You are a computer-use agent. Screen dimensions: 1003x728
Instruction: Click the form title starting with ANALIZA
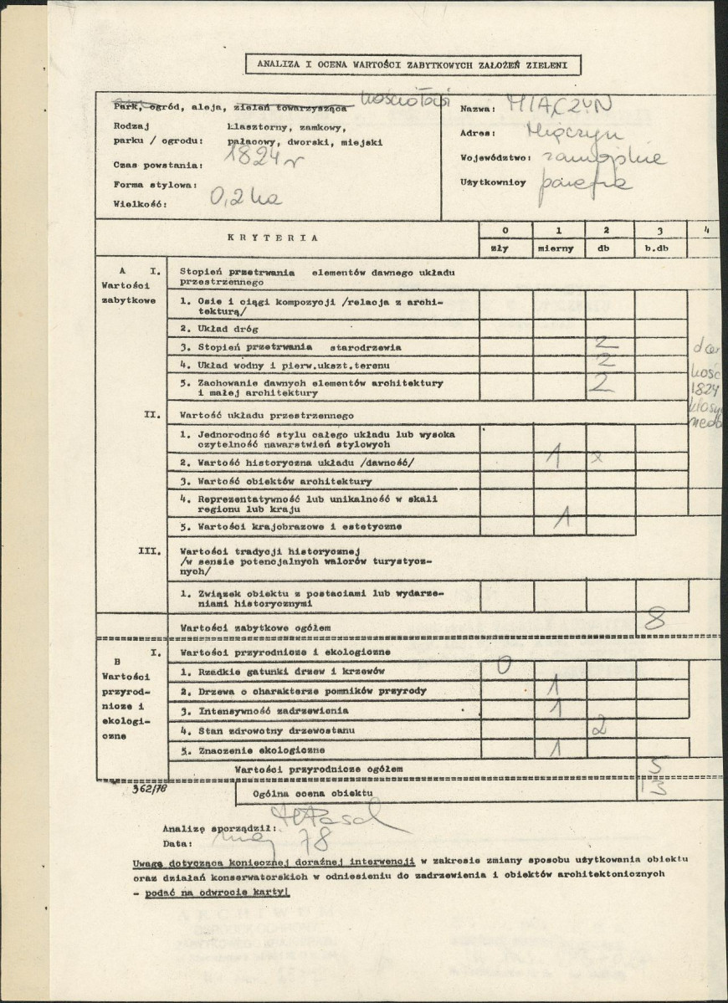pos(413,64)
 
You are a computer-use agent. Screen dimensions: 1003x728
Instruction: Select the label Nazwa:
pos(478,109)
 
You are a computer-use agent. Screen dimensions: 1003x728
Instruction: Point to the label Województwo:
pos(495,157)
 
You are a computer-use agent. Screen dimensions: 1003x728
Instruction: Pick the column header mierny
pos(558,248)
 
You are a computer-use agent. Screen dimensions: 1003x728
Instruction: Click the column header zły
pos(504,248)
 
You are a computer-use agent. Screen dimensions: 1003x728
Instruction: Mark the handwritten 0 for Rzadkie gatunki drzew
pos(505,667)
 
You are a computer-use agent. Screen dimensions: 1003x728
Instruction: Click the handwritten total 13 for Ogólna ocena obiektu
pos(659,786)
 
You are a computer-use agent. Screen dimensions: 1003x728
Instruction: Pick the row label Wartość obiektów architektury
pos(276,481)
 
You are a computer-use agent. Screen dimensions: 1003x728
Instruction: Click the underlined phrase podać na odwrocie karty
pos(216,893)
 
